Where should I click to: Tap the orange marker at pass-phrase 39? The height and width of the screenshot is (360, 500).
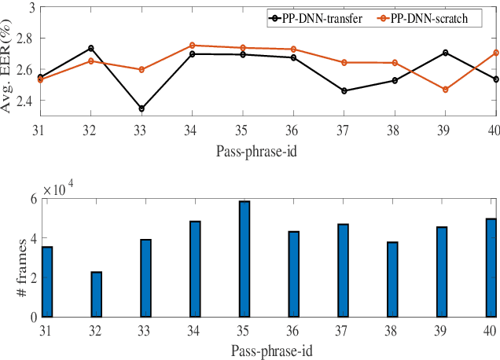[445, 90]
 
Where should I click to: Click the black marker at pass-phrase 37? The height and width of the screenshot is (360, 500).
[344, 91]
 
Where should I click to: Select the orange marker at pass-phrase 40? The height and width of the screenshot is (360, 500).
[494, 53]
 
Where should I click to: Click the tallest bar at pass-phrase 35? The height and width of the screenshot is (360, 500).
[244, 259]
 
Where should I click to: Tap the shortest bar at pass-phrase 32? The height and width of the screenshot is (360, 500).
[96, 294]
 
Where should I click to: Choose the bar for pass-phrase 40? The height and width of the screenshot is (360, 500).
[491, 267]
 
